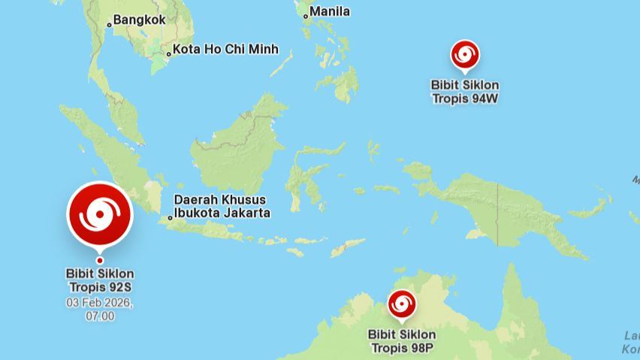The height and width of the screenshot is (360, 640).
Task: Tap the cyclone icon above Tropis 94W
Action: pos(465,56)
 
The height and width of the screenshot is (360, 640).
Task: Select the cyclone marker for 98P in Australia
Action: pos(401,304)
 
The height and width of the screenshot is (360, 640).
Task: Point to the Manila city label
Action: pos(330,11)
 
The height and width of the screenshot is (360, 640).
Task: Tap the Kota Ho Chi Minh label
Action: pos(225,50)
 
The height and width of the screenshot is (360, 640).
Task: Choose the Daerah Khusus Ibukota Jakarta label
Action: pos(222,207)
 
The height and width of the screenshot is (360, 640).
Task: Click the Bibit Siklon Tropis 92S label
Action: pos(100,280)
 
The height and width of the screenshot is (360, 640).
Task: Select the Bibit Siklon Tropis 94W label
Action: pos(465,92)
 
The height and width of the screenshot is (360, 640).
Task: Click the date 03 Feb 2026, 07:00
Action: pos(100,310)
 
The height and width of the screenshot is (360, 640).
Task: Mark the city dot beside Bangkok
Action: pos(109,25)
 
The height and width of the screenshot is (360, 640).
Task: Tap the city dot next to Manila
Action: pos(306,15)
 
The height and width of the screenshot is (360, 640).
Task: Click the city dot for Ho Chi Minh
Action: pos(168,53)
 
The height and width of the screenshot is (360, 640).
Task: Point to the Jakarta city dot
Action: pos(171,218)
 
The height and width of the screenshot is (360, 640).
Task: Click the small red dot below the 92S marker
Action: pos(100,261)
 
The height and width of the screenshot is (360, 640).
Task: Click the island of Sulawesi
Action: pos(300,180)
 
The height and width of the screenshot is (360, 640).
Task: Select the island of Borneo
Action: pos(233,147)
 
